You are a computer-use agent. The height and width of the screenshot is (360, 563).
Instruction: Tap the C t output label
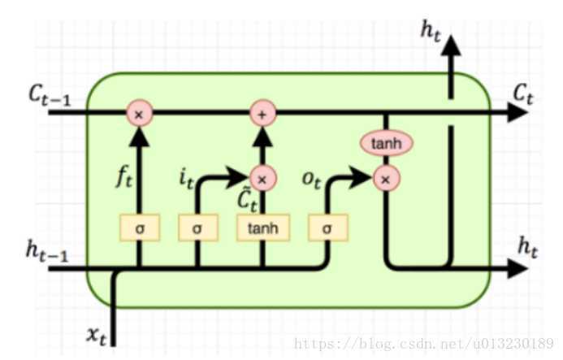coord(522,94)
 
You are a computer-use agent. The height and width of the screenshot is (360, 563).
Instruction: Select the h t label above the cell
coord(430,30)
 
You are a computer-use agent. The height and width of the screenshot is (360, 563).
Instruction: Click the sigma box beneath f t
coord(139,228)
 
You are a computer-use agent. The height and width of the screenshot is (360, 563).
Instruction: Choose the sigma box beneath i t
coord(197,228)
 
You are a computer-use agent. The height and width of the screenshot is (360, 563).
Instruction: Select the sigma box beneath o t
coord(327,228)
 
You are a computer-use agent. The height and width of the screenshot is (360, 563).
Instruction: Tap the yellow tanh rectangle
coord(262,228)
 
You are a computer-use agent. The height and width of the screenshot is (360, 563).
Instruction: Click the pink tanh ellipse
coord(386,143)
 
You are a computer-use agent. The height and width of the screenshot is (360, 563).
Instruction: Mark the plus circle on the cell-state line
coord(262,115)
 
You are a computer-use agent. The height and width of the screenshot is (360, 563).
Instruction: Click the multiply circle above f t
coord(139,115)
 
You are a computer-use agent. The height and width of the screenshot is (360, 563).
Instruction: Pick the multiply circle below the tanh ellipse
coord(386,178)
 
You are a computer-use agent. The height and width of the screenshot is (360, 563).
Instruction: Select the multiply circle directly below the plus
coord(262,177)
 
